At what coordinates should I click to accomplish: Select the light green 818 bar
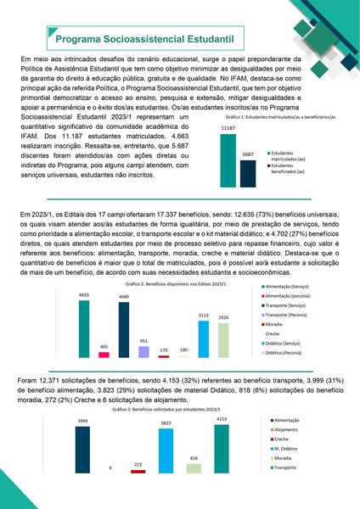[194, 468]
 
